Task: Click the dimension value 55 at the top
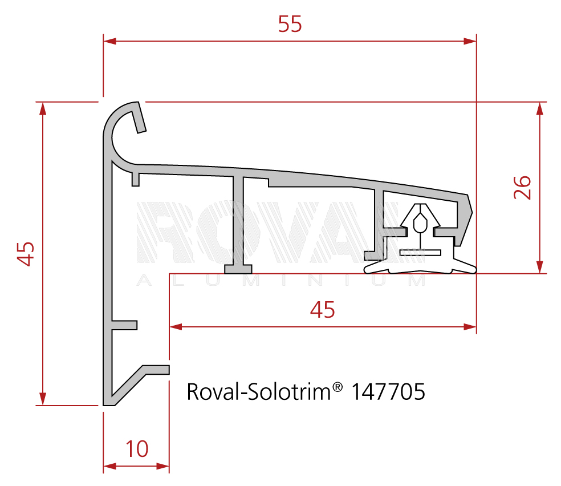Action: click(x=290, y=24)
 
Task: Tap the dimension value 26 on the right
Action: click(x=522, y=188)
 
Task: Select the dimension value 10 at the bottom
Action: click(x=137, y=449)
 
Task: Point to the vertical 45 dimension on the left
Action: click(x=26, y=254)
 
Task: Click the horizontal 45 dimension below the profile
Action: click(x=322, y=310)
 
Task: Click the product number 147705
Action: click(x=388, y=391)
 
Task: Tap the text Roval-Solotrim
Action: click(x=259, y=391)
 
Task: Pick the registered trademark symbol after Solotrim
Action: click(x=338, y=387)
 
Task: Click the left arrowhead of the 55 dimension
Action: click(x=110, y=41)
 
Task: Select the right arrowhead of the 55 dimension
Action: click(x=470, y=41)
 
